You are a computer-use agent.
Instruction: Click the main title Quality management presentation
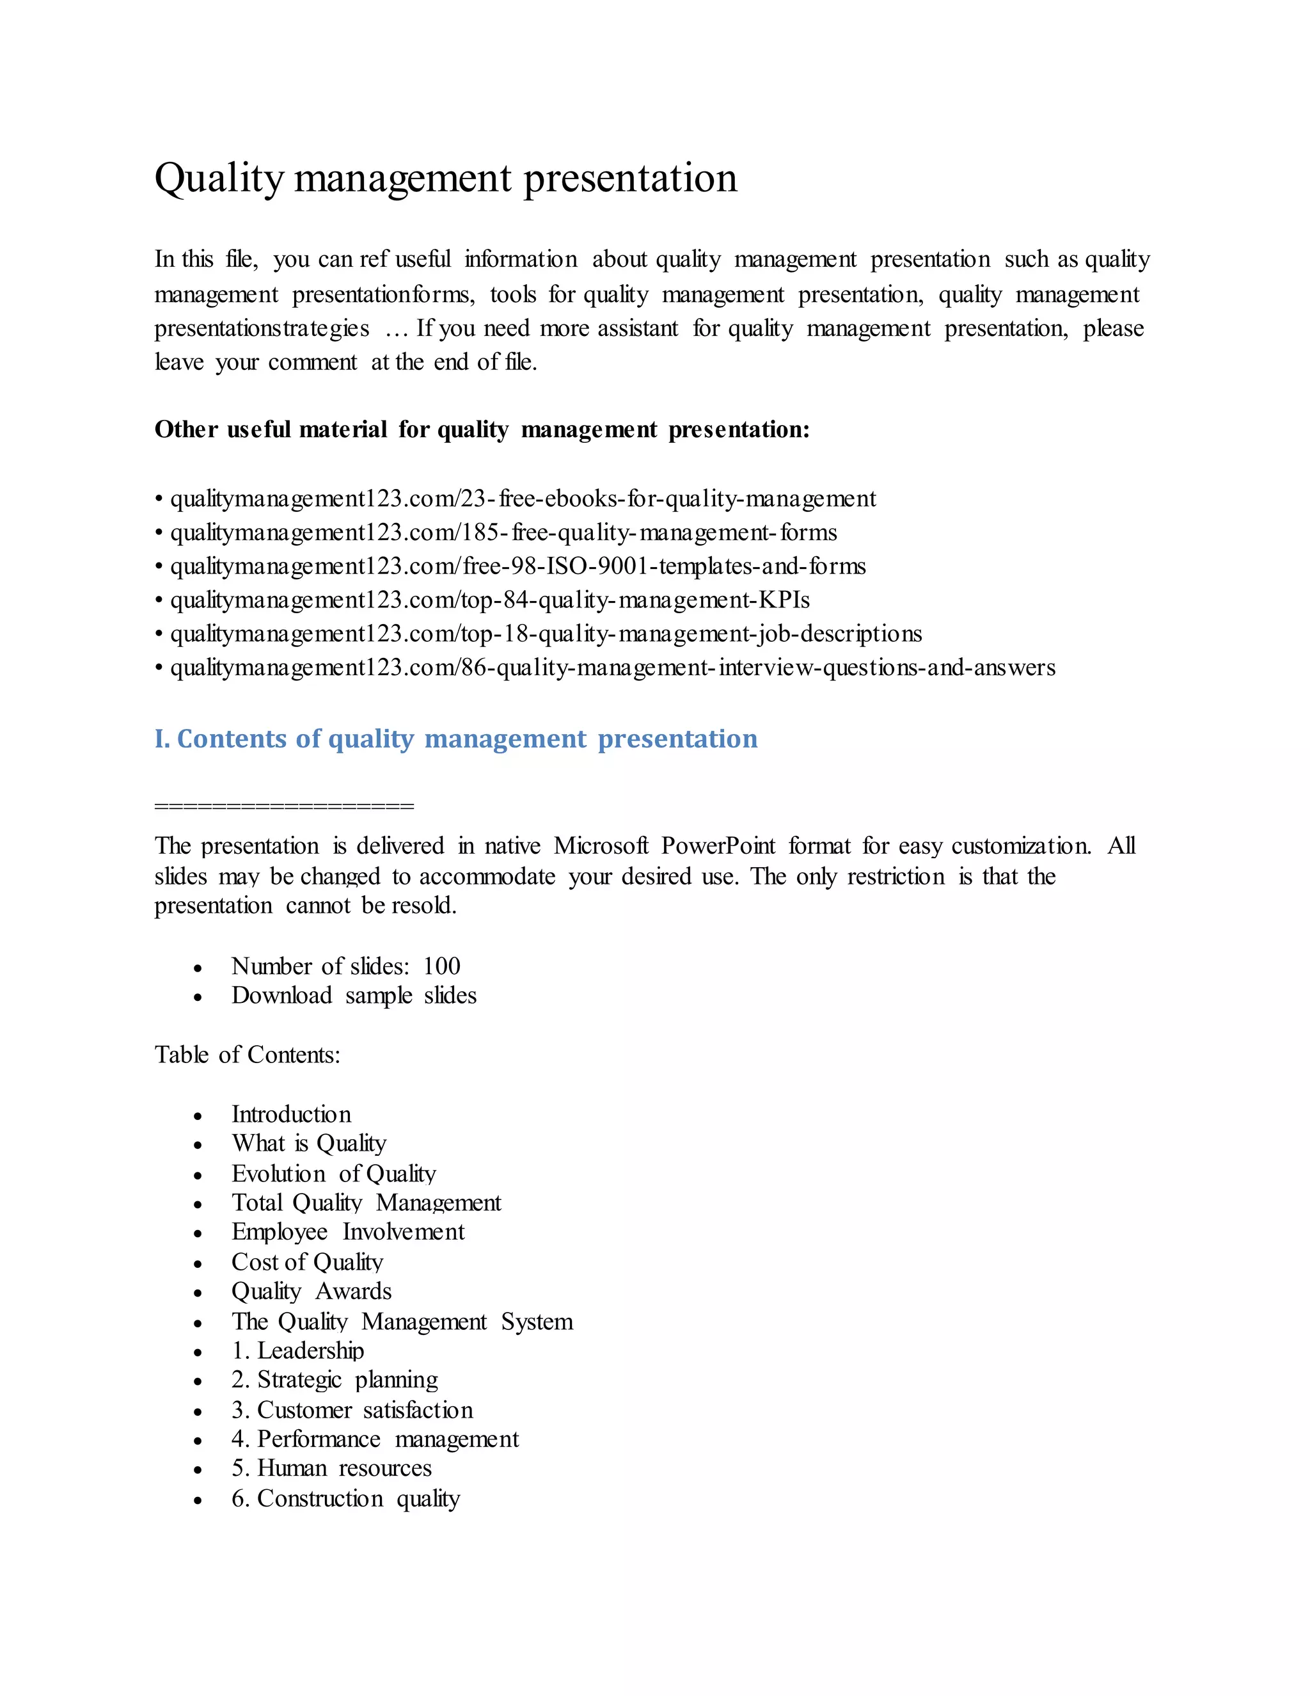click(x=445, y=179)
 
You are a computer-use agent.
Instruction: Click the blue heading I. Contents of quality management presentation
click(x=455, y=739)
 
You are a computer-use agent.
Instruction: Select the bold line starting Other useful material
click(x=481, y=429)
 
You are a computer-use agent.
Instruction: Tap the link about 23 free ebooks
click(x=523, y=499)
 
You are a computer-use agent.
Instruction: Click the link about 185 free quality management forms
click(x=503, y=532)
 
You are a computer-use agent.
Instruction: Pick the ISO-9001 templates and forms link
click(x=517, y=566)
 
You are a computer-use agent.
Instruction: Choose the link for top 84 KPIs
click(x=490, y=600)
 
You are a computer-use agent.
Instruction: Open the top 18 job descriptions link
click(x=546, y=634)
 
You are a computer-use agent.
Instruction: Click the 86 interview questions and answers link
click(x=612, y=668)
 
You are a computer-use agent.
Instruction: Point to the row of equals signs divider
click(x=284, y=805)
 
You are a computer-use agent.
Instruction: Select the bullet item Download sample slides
click(x=354, y=996)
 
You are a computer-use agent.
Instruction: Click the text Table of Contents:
click(x=247, y=1055)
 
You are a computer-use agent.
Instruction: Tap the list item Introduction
click(x=291, y=1114)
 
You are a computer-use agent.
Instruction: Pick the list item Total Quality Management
click(x=367, y=1203)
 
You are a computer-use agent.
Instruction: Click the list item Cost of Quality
click(x=307, y=1262)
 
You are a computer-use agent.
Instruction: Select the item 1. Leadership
click(x=298, y=1350)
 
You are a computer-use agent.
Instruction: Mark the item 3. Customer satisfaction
click(x=352, y=1409)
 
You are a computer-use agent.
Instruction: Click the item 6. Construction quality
click(x=345, y=1498)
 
